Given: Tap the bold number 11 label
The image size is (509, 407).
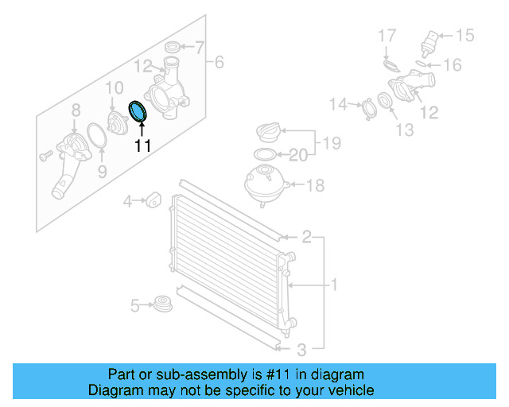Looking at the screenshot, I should (142, 145).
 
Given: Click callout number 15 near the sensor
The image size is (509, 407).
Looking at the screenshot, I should (464, 35).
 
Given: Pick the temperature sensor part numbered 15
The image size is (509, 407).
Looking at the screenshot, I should (431, 41).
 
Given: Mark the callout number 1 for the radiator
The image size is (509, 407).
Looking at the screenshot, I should (335, 284).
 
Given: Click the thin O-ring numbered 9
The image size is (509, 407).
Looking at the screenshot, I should (96, 136).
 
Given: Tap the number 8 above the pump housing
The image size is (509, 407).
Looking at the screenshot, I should (76, 110).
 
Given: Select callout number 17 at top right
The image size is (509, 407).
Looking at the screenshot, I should (386, 36).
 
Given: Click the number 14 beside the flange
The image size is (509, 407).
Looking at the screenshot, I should (339, 104).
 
